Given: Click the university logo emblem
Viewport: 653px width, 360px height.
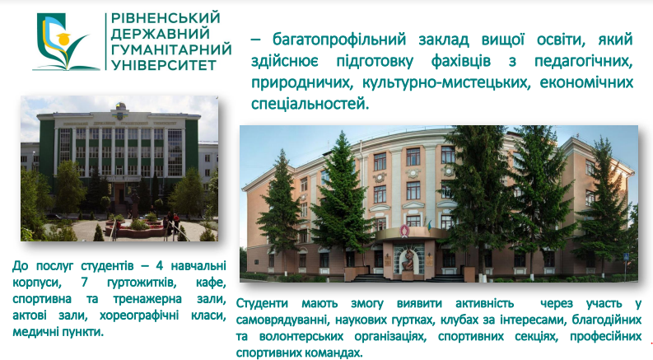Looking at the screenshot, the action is point(67,42).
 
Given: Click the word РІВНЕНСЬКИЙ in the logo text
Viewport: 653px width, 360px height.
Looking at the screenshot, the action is point(166,18).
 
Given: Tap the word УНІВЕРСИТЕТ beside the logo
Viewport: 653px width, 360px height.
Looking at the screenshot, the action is point(164,65).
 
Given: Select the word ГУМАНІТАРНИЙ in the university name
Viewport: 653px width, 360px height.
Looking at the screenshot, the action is point(171,49).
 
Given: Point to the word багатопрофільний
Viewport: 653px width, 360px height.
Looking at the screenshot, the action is point(339,40).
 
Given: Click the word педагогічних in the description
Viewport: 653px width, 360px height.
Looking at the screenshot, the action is point(584,61).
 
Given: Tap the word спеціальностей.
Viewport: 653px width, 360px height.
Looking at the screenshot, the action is point(310,104).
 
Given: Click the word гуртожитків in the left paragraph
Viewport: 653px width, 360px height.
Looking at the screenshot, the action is point(142,283).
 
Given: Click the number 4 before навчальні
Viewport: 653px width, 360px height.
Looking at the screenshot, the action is point(159,265).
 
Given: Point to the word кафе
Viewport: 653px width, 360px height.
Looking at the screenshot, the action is point(211,283).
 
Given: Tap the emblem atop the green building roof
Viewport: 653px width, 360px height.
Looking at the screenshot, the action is point(120,110).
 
